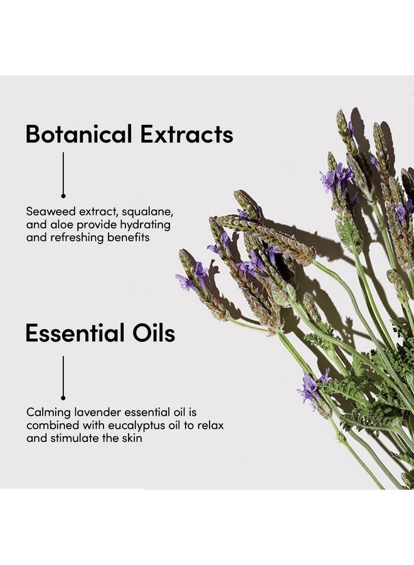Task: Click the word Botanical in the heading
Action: click(x=78, y=134)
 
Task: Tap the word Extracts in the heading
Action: click(x=187, y=134)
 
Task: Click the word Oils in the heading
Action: click(x=154, y=333)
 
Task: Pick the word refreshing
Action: click(x=77, y=238)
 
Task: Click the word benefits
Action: click(x=129, y=237)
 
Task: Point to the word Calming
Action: click(x=48, y=412)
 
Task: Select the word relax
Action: click(x=210, y=425)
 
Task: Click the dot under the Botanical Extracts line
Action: click(x=63, y=196)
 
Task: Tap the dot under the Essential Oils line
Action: click(x=63, y=398)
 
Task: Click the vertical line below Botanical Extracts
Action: click(x=63, y=173)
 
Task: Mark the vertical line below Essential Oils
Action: click(x=63, y=376)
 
